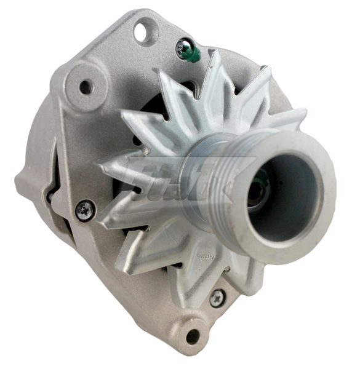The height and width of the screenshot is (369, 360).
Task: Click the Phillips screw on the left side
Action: coord(85,210)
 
